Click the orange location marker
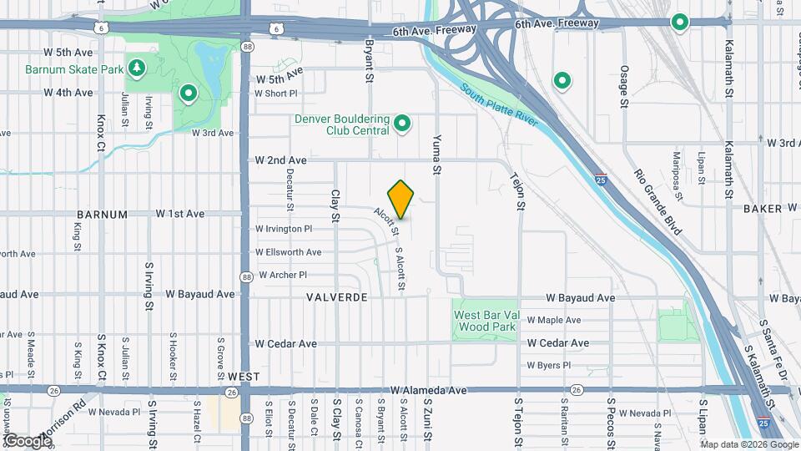pyautogui.click(x=401, y=199)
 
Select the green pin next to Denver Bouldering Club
pyautogui.click(x=403, y=125)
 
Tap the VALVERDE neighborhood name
pyautogui.click(x=337, y=297)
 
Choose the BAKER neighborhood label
pyautogui.click(x=763, y=209)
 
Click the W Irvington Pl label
pyautogui.click(x=284, y=229)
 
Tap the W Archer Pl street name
pyautogui.click(x=283, y=275)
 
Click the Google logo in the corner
pyautogui.click(x=27, y=440)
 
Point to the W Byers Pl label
pyautogui.click(x=548, y=365)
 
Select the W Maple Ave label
pyautogui.click(x=553, y=320)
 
